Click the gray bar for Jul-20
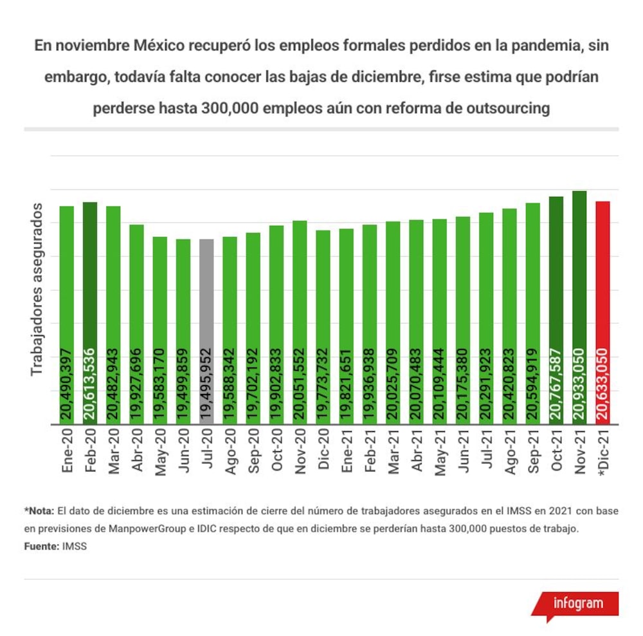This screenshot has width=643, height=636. click(x=206, y=332)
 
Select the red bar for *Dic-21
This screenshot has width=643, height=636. click(x=603, y=313)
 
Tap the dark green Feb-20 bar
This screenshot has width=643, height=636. click(x=90, y=313)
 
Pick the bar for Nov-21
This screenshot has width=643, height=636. click(x=579, y=308)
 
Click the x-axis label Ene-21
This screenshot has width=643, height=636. click(x=347, y=450)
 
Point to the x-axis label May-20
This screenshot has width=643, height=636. click(x=160, y=452)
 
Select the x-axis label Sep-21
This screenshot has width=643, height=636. click(x=533, y=451)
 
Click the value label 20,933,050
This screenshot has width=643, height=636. click(x=579, y=384)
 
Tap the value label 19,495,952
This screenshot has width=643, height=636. click(x=206, y=384)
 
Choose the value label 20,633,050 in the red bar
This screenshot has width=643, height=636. click(x=603, y=384)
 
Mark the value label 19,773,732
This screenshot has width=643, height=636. click(x=323, y=384)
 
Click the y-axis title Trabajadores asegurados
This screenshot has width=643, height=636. click(x=37, y=290)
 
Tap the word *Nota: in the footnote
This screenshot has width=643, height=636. click(x=39, y=511)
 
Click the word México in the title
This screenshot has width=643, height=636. click(x=159, y=46)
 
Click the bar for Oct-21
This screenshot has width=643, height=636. click(x=556, y=310)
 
